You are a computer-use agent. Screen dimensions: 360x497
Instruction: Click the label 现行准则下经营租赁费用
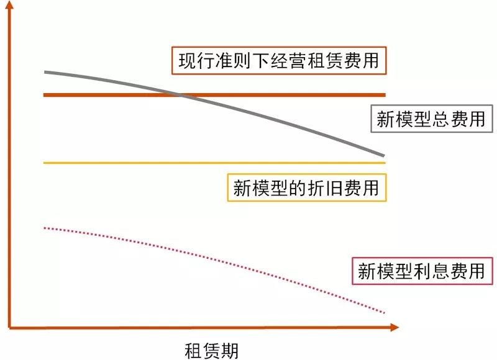click(279, 61)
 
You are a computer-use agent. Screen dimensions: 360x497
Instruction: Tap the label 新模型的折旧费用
click(306, 187)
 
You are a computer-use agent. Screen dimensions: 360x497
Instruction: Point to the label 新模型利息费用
click(421, 271)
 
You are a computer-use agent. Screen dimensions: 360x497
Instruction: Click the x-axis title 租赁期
click(211, 349)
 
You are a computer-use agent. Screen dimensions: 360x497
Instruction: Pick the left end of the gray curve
click(45, 73)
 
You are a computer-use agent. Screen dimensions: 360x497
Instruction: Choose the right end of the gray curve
click(385, 155)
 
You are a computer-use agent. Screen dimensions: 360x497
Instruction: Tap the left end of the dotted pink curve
click(45, 228)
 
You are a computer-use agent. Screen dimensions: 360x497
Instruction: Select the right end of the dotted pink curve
click(385, 312)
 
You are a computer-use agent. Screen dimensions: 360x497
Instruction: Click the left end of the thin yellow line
click(45, 163)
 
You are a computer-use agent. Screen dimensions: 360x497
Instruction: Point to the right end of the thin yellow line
click(385, 163)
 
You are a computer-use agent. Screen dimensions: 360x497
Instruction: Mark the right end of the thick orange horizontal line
click(385, 95)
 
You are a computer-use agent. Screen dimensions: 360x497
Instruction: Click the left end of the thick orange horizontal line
click(45, 95)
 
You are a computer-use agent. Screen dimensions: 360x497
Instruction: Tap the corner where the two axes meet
click(11, 326)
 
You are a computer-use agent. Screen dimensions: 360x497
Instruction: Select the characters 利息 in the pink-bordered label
click(430, 271)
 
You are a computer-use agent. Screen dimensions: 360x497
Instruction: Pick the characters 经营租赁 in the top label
click(306, 61)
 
